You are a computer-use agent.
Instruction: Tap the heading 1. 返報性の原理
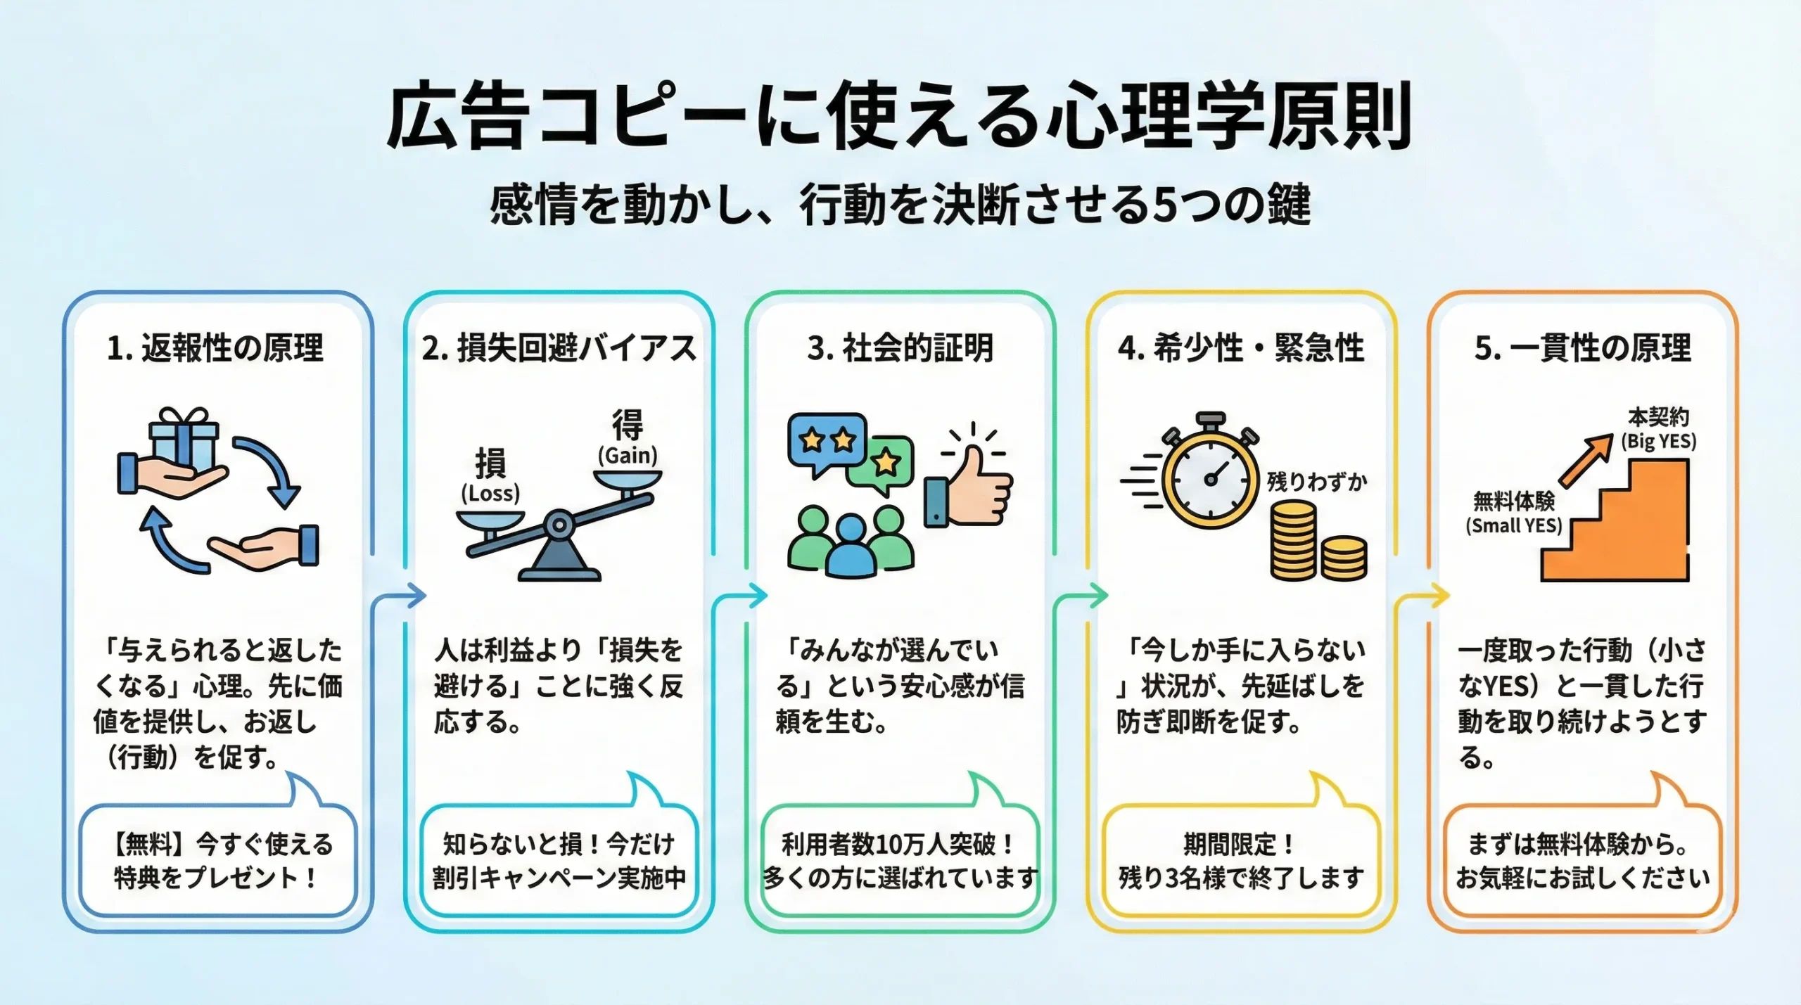tap(215, 348)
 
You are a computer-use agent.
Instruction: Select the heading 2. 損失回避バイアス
tap(559, 348)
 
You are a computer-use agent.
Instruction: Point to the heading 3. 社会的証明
tap(900, 348)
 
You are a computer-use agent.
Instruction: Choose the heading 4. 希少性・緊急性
tap(1241, 348)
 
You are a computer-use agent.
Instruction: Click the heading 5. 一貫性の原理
tap(1583, 348)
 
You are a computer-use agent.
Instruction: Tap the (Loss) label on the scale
tap(490, 493)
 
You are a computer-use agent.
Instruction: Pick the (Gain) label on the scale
tap(628, 455)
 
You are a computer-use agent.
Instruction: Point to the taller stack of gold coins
tap(1293, 540)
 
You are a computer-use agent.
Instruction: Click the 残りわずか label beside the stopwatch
tap(1317, 482)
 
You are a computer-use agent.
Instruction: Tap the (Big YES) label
tap(1659, 442)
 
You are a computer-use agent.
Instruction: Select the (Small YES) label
tap(1514, 525)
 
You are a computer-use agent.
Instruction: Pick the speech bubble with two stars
tap(827, 442)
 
